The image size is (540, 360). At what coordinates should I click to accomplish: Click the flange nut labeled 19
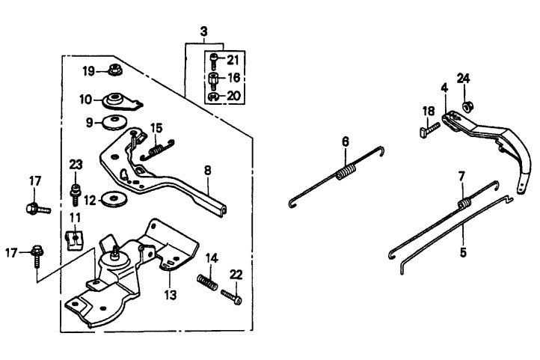click(115, 72)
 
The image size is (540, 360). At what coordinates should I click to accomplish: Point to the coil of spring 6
click(346, 173)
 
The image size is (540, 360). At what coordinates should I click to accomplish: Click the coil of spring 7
click(463, 203)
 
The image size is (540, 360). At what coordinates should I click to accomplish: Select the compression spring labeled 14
click(207, 283)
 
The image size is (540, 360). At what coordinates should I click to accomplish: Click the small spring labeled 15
click(156, 150)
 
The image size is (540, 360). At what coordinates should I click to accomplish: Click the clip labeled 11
click(75, 240)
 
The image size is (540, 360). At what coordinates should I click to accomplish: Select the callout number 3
click(203, 32)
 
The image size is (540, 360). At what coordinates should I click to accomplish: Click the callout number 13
click(171, 295)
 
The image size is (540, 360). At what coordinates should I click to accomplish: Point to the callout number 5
click(463, 252)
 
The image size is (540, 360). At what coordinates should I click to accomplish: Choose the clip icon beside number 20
click(213, 97)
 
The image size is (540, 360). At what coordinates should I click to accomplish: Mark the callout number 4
click(444, 88)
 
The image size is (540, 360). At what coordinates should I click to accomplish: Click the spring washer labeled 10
click(117, 99)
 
